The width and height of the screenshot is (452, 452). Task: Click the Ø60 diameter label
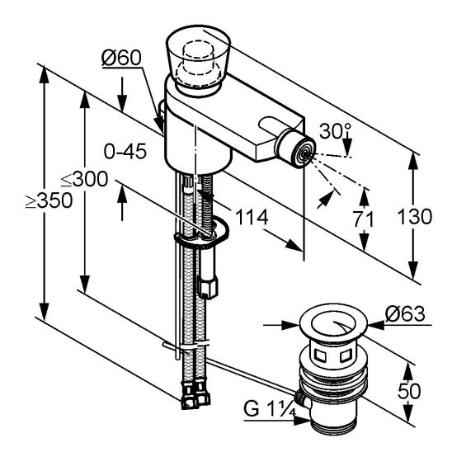coord(121,58)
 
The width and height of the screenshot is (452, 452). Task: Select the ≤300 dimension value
coord(84,179)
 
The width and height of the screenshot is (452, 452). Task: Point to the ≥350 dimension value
coord(49,200)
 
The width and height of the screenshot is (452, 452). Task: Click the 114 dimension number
coord(252,217)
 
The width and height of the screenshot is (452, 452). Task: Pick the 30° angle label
coord(335,131)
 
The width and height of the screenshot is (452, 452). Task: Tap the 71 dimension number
coord(364,219)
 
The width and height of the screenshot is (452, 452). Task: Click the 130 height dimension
coord(415,216)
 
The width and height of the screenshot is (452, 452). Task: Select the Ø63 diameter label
coord(405,313)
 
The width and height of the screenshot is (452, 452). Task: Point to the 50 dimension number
coord(409,392)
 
